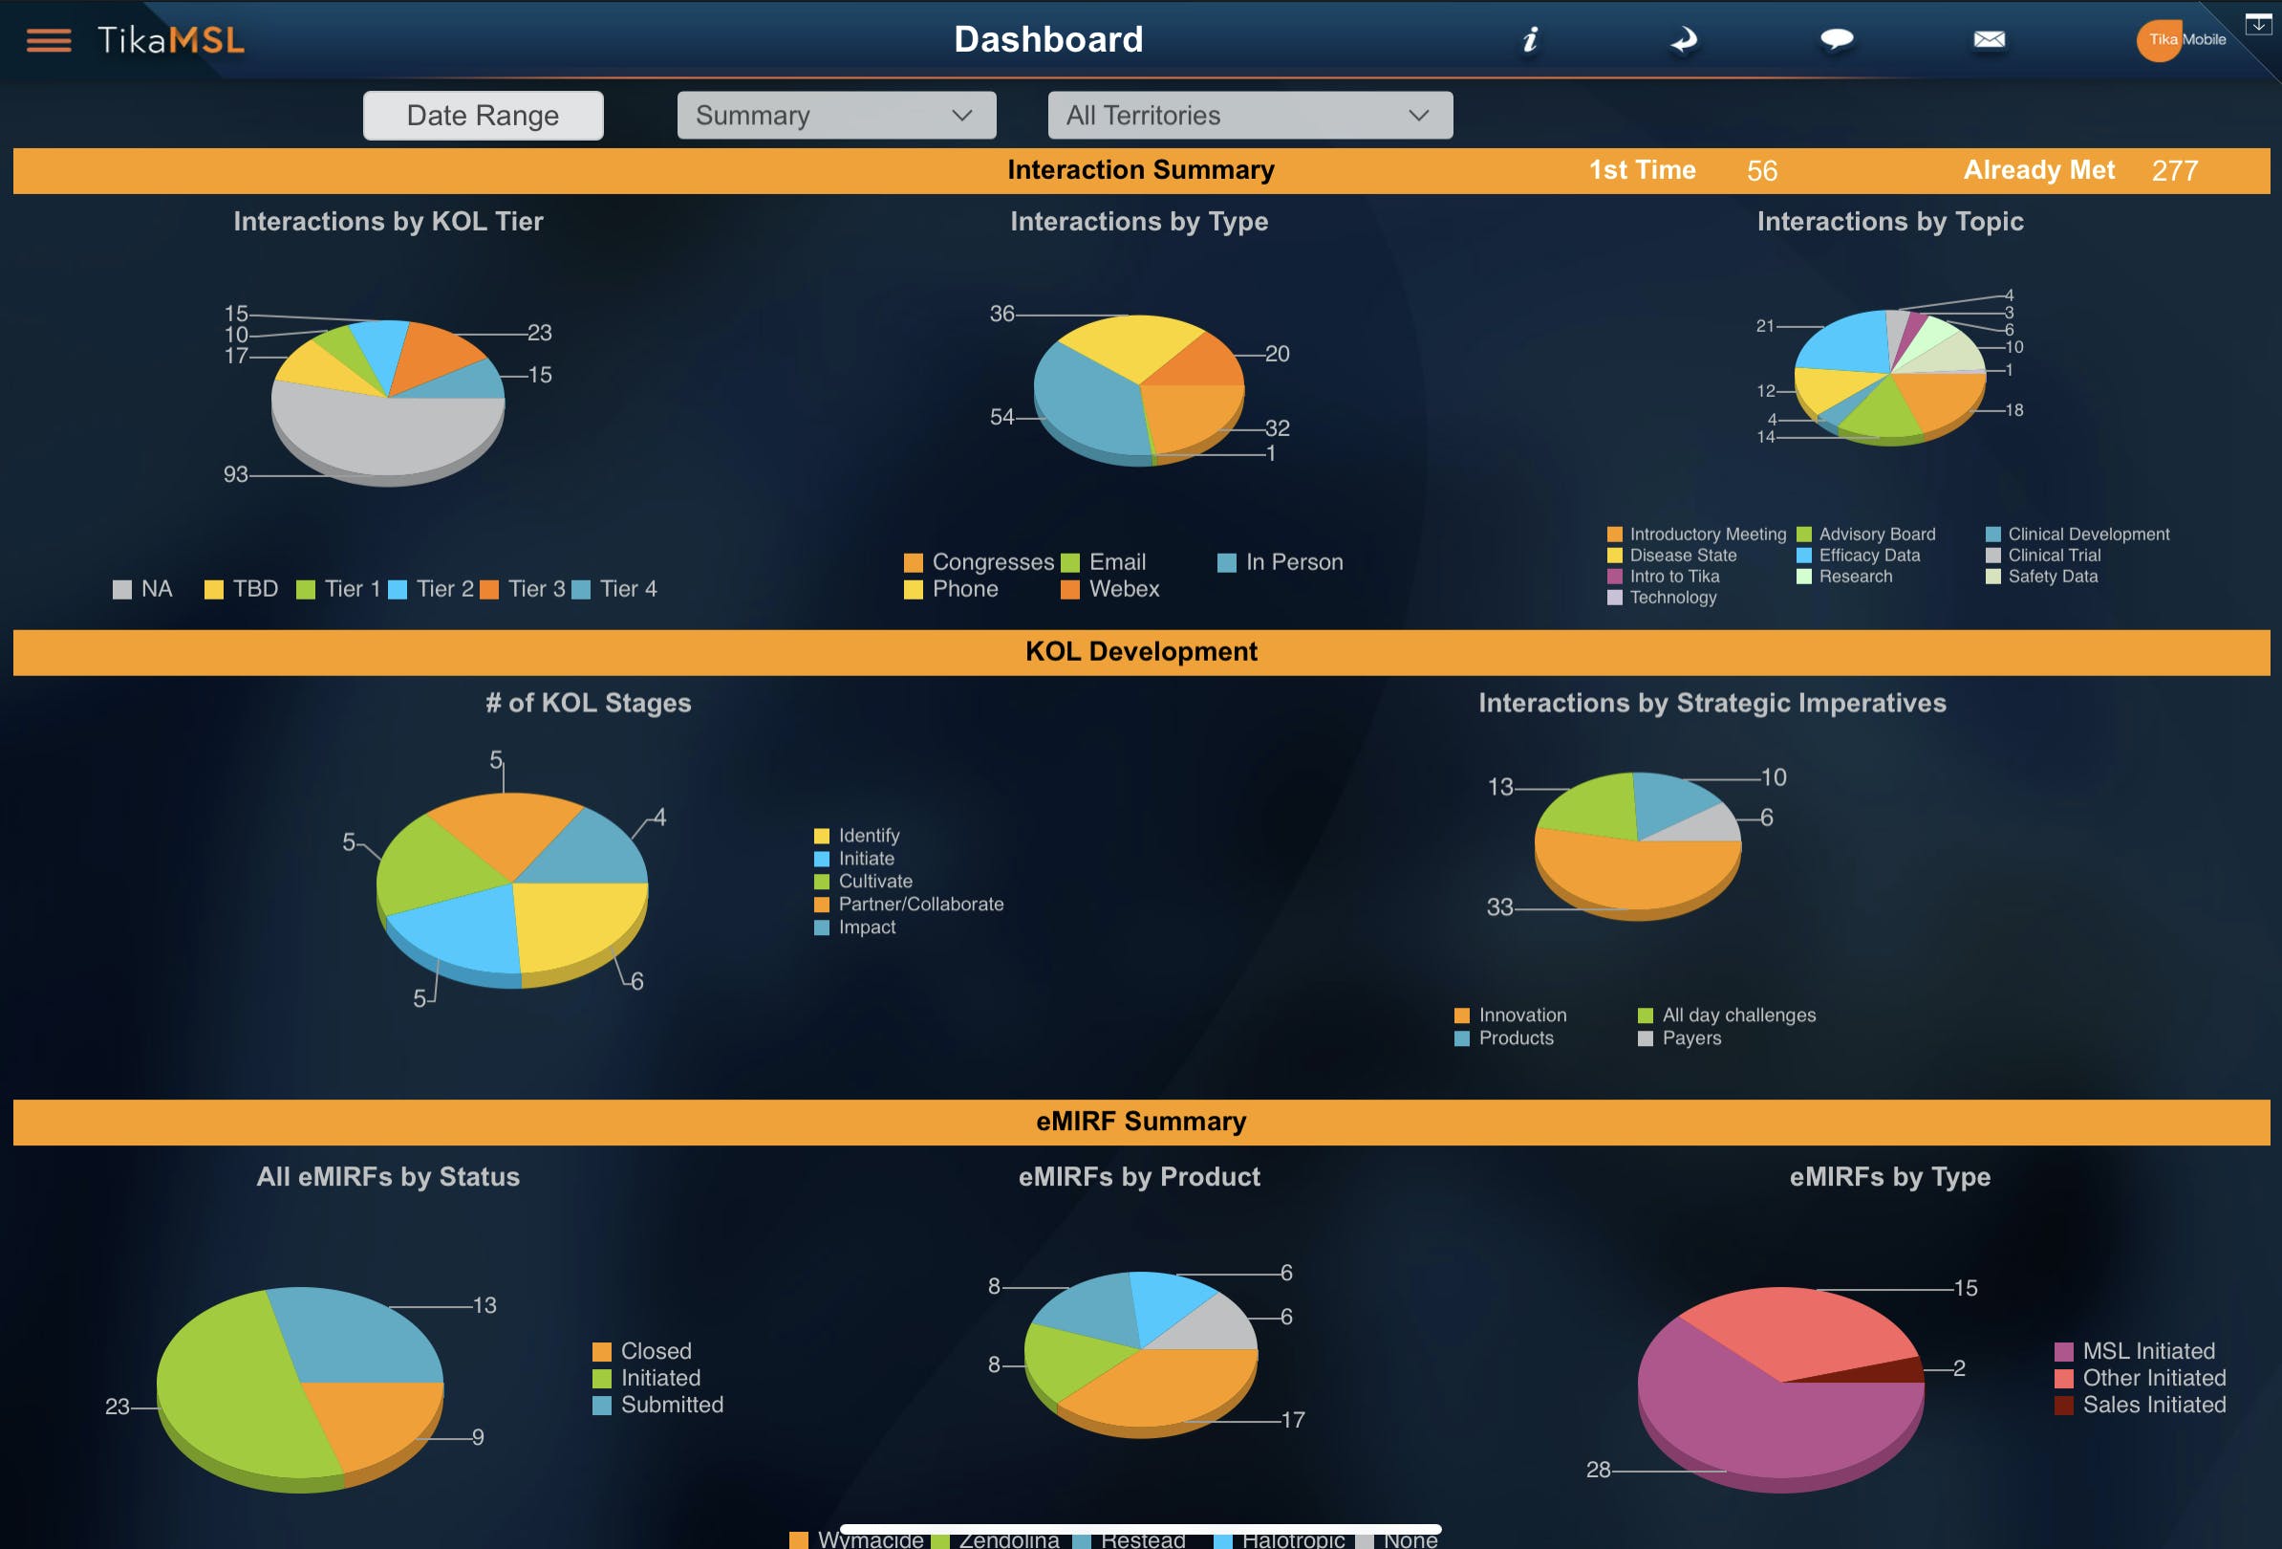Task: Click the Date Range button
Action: pyautogui.click(x=483, y=116)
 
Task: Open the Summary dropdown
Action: pyautogui.click(x=835, y=116)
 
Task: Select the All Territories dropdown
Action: pyautogui.click(x=1249, y=116)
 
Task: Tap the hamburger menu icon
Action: pyautogui.click(x=48, y=40)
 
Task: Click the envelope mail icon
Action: pyautogui.click(x=1989, y=39)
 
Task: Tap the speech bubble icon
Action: pyautogui.click(x=1836, y=39)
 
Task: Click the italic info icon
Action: pyautogui.click(x=1530, y=39)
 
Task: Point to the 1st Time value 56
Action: pyautogui.click(x=1761, y=171)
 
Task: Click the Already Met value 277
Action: pyautogui.click(x=2174, y=171)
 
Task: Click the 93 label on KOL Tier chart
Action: pyautogui.click(x=236, y=474)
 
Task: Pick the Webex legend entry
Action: pyautogui.click(x=1124, y=589)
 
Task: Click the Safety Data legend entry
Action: pyautogui.click(x=2053, y=577)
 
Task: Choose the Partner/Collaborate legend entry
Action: pyautogui.click(x=920, y=905)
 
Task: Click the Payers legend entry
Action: pyautogui.click(x=1690, y=1038)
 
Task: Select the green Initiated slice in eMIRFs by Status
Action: pyautogui.click(x=236, y=1395)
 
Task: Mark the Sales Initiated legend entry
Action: pyautogui.click(x=2153, y=1406)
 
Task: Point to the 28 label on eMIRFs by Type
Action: pyautogui.click(x=1598, y=1471)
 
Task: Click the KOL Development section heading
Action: pyautogui.click(x=1141, y=652)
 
